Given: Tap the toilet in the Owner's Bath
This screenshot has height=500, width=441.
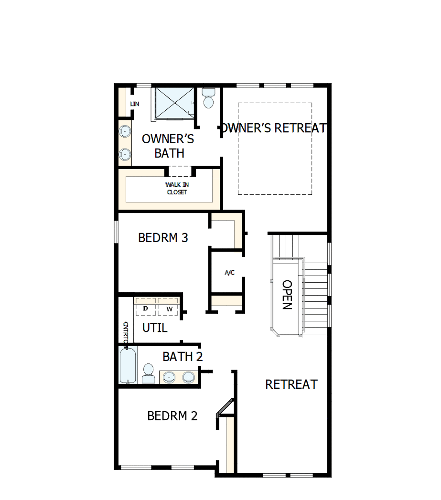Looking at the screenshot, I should point(208,98).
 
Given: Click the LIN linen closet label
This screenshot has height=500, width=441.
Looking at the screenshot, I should point(135,104).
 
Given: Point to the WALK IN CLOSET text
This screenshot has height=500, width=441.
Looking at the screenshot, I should point(177,188).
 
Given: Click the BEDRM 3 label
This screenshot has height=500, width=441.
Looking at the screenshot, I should point(163,237).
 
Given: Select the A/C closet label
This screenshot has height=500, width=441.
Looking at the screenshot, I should point(230,273).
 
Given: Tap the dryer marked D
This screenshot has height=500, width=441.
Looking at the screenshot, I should point(146,309).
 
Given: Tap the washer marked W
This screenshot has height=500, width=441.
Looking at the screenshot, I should point(169,309).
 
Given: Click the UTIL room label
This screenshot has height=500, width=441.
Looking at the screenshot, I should point(155,328).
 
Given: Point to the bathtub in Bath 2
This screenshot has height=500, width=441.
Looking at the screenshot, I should point(128,365).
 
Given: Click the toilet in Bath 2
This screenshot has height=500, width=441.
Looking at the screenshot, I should point(149,373).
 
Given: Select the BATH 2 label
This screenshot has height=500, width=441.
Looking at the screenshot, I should point(183,357).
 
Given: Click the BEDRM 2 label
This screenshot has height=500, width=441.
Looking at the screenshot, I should point(172,416).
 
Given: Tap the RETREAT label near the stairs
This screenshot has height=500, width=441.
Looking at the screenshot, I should point(291,384).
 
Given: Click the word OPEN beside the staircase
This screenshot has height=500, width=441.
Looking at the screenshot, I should point(287,295).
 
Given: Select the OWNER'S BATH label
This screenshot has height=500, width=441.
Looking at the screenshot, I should point(168,146).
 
